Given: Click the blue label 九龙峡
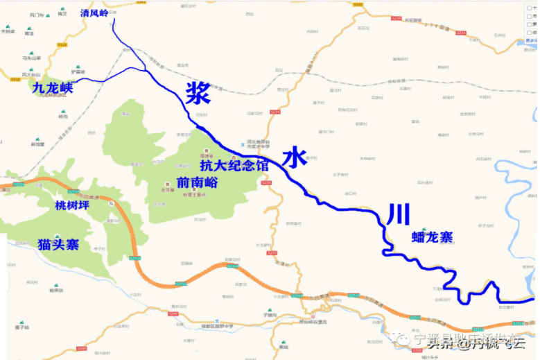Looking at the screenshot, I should pos(53,87).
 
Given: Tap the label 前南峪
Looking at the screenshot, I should pos(198,183).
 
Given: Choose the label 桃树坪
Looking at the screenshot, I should pos(72,205).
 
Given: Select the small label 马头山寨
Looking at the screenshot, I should pos(31,58).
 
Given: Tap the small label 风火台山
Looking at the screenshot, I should pos(31,74).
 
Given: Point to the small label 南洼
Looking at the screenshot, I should pos(29,33).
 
